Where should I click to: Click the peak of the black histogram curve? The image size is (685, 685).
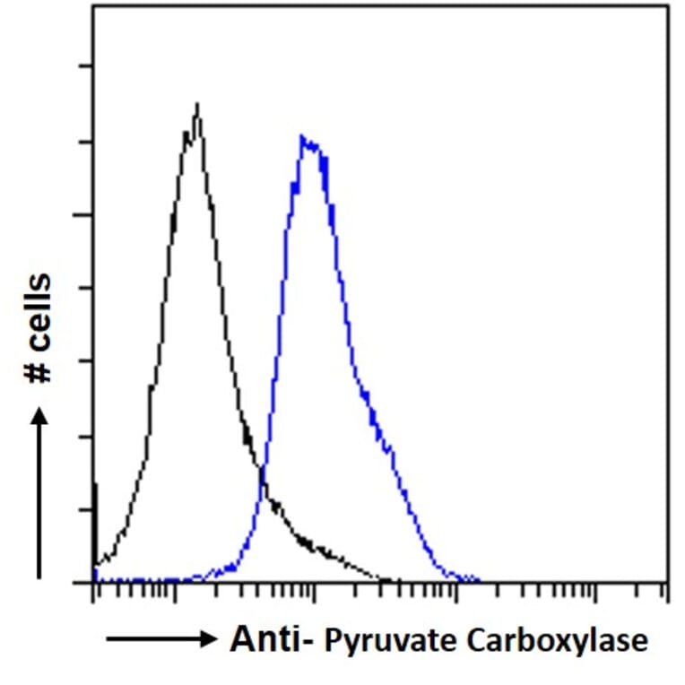tap(196, 105)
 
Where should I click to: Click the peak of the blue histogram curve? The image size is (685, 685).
tap(303, 137)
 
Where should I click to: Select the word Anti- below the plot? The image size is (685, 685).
tap(271, 640)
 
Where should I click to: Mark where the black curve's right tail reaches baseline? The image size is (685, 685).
tap(387, 581)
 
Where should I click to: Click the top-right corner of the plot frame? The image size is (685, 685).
tap(668, 6)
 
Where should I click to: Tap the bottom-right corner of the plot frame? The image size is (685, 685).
tap(668, 582)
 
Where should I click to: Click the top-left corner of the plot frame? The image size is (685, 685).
tap(93, 6)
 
